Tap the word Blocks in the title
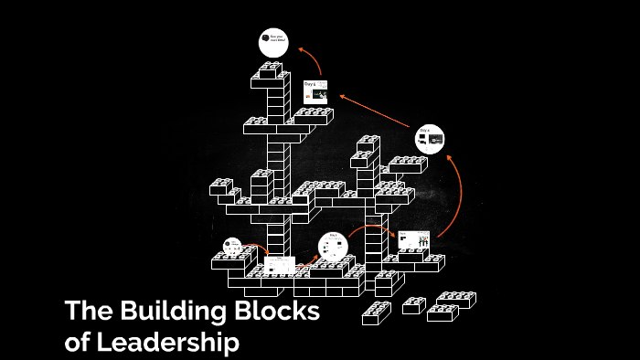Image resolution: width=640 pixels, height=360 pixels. tap(279, 312)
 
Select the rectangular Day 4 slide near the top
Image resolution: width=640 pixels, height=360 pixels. tap(315, 91)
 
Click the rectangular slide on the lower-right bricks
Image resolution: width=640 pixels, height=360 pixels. tap(413, 240)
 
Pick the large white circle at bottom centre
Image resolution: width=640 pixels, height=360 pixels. tap(333, 247)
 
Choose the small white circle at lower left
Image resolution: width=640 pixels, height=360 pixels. tap(233, 247)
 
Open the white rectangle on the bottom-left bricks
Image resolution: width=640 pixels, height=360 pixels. tap(280, 265)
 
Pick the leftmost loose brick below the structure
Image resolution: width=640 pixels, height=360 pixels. tap(376, 313)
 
